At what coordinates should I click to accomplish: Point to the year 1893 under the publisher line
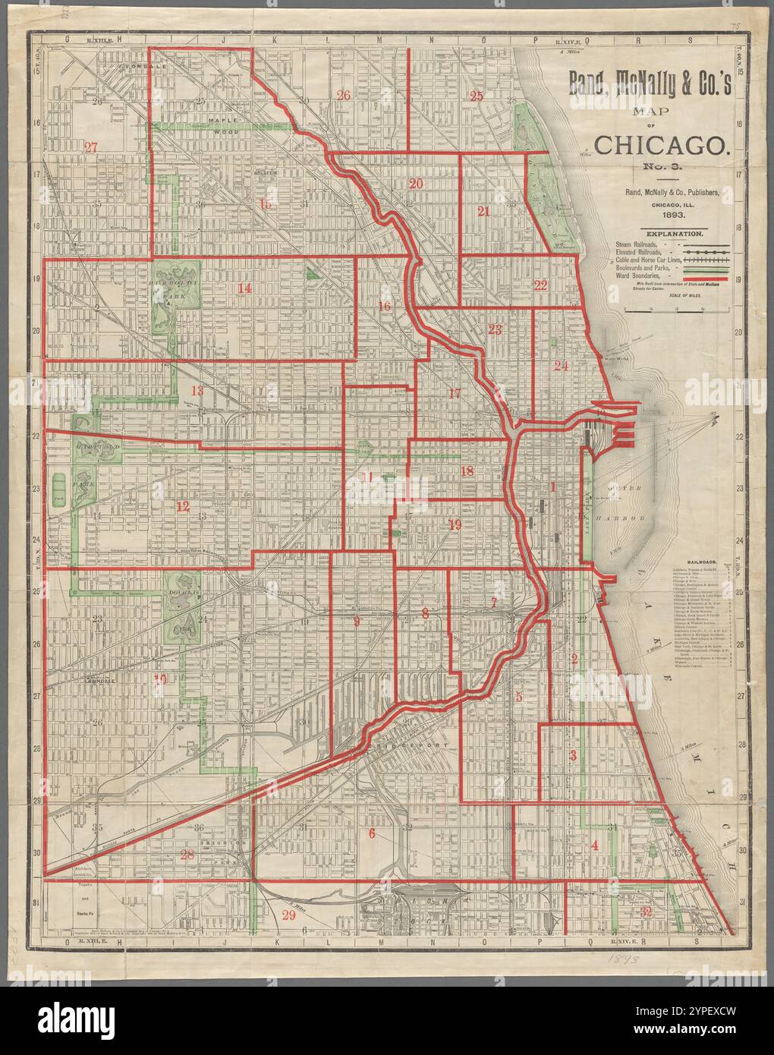click(x=662, y=216)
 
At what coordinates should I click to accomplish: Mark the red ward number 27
click(x=92, y=146)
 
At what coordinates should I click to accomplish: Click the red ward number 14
click(x=244, y=288)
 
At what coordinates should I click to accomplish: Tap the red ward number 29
click(x=288, y=915)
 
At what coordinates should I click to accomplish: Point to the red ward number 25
click(x=477, y=96)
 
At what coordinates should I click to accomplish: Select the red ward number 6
click(x=372, y=833)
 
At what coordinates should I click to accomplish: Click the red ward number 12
click(x=183, y=506)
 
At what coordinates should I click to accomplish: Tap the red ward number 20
click(x=415, y=184)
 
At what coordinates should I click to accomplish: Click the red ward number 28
click(x=187, y=855)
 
